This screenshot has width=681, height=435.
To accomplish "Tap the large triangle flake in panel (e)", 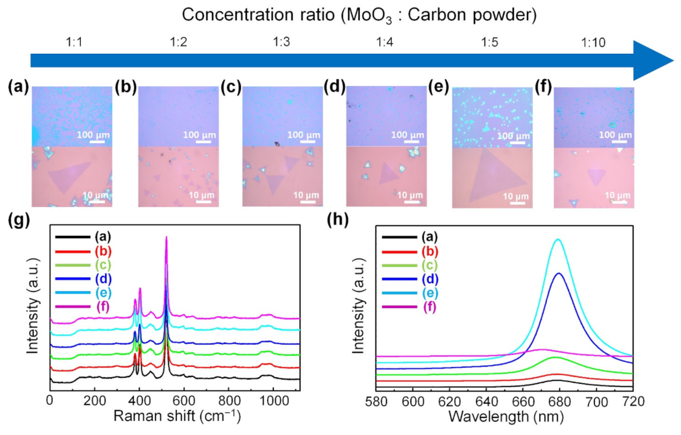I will pyautogui.click(x=491, y=176).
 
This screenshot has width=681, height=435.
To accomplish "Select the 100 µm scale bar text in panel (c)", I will pyautogui.click(x=301, y=135).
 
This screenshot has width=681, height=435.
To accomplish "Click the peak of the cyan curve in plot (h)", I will pyautogui.click(x=557, y=239).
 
